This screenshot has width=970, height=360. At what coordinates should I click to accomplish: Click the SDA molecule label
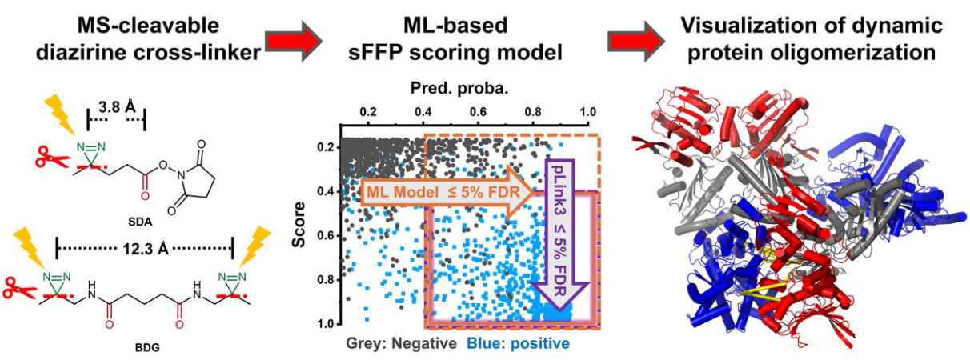coord(140,222)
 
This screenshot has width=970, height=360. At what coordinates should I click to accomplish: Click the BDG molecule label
coord(147,347)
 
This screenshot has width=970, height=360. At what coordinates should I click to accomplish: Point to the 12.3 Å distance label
coord(146,249)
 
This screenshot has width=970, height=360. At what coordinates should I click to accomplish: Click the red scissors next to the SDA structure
coord(52,157)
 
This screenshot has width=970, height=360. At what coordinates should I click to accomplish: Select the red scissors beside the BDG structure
coord(20,288)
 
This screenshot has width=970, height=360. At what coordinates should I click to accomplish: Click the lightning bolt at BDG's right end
coord(255,246)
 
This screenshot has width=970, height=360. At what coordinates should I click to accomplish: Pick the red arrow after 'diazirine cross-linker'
coord(294,41)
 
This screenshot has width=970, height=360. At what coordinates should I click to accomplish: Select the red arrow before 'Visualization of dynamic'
coord(636,41)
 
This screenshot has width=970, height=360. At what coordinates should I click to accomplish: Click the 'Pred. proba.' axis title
coord(459,89)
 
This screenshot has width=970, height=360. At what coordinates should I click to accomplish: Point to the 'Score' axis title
coord(299,224)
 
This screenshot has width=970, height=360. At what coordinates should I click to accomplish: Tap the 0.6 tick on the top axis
coord(478,112)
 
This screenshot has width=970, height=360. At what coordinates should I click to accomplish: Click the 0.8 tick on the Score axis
coord(324,280)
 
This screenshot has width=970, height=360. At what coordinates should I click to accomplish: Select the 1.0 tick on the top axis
coord(587,112)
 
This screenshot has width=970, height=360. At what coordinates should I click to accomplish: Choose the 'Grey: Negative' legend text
coord(401,343)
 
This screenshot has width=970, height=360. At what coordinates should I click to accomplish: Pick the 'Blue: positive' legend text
coord(519,343)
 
